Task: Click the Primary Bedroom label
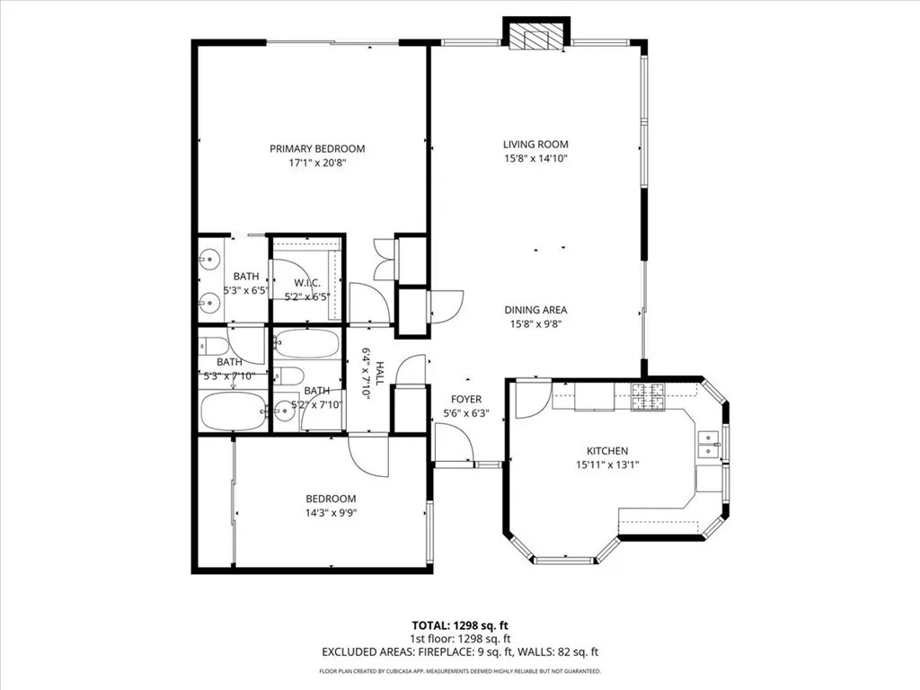click(318, 148)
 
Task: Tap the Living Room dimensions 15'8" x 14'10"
click(535, 158)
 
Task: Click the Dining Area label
click(535, 310)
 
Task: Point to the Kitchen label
click(607, 451)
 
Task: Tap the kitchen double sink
click(710, 444)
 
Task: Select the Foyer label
click(466, 399)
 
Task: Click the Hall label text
click(379, 374)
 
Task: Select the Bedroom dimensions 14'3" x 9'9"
click(331, 513)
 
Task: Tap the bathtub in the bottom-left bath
click(231, 411)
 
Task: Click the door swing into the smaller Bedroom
click(369, 456)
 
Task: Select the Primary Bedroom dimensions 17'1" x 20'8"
click(318, 164)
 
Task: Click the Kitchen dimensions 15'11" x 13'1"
click(607, 465)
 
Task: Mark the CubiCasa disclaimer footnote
click(459, 671)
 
